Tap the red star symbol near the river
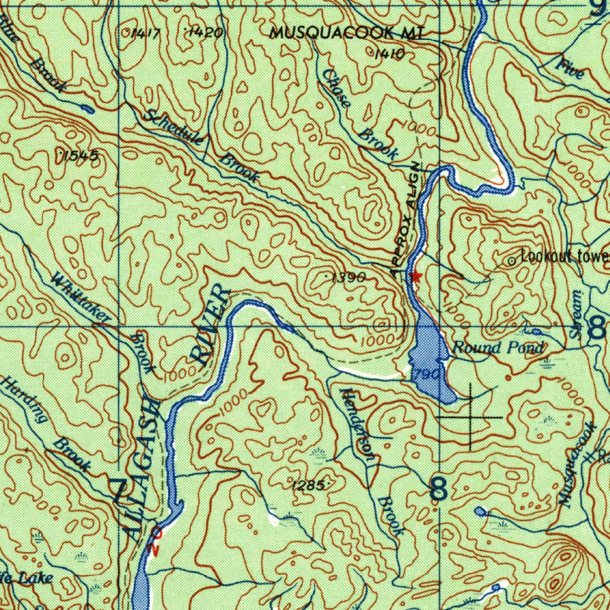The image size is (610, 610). (x=416, y=276)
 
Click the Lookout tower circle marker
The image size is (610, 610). (x=511, y=261)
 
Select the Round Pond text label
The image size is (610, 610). (x=498, y=348)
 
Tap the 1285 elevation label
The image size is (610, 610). (x=308, y=485)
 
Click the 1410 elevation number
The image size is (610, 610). (x=390, y=55)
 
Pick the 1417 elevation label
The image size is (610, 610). (x=144, y=33)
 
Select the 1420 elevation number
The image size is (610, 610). (x=206, y=33)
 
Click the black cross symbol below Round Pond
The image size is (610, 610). (x=471, y=417)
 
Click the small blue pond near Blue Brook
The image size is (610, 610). (x=88, y=109)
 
